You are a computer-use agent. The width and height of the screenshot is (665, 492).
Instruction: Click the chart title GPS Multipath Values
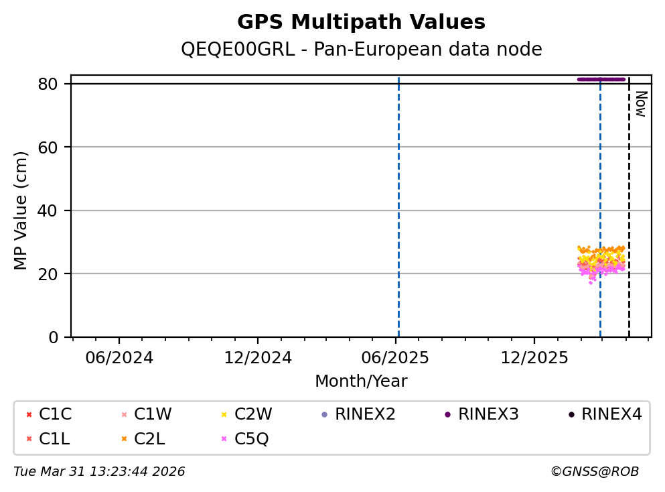pyautogui.click(x=361, y=22)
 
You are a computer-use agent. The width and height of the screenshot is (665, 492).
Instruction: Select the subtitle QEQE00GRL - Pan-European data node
pyautogui.click(x=361, y=50)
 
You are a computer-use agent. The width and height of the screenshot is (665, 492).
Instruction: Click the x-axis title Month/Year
pyautogui.click(x=361, y=381)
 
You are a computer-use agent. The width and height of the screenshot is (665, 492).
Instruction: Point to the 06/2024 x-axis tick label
pyautogui.click(x=119, y=357)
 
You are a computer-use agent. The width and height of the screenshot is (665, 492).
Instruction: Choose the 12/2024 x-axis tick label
pyautogui.click(x=258, y=357)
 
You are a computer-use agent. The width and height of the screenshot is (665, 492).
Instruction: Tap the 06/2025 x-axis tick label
pyautogui.click(x=396, y=357)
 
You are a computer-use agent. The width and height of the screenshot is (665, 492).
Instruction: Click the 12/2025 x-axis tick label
pyautogui.click(x=534, y=357)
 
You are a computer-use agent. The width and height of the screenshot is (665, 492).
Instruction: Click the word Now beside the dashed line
pyautogui.click(x=640, y=104)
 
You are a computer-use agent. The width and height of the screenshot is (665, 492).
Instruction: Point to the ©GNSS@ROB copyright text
pyautogui.click(x=595, y=472)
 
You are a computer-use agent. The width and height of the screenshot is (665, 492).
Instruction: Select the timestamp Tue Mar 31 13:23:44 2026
pyautogui.click(x=99, y=472)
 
